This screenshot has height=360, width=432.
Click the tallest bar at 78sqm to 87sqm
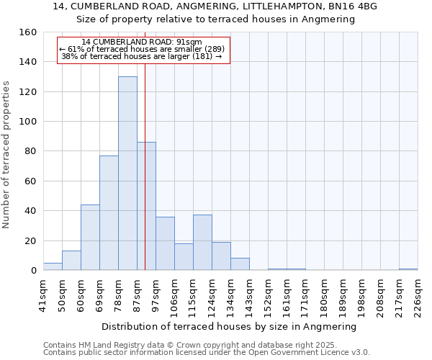tap(127, 174)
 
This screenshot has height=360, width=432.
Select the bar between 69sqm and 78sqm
tap(109, 213)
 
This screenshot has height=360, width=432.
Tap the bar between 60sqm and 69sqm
tap(90, 238)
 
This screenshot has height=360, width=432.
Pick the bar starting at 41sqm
tap(53, 266)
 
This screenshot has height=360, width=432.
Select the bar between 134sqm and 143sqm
tap(240, 264)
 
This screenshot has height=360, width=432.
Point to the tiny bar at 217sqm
tap(408, 269)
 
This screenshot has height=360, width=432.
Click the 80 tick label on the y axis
tap(31, 152)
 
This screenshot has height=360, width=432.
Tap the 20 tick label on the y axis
tap(31, 241)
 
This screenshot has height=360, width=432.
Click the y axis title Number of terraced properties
tap(6, 155)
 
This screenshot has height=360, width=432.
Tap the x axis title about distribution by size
tap(230, 326)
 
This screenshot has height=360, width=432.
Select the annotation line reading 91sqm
tap(142, 42)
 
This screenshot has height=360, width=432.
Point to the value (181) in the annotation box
tap(202, 56)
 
